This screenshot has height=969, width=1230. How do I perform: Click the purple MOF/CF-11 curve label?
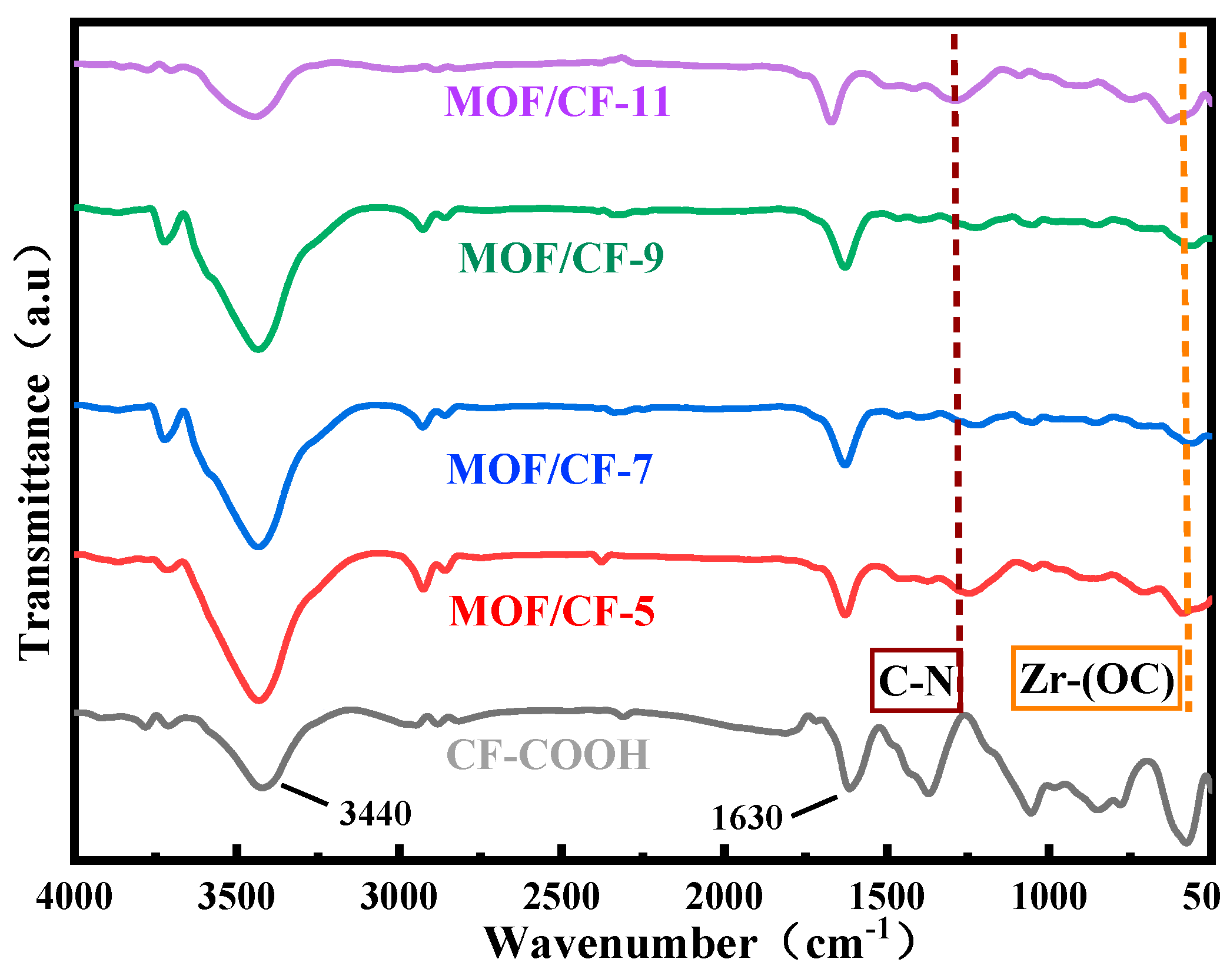pos(557,102)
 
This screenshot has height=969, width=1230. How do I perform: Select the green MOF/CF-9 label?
pos(561,258)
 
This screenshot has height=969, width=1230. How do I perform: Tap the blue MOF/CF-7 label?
pos(549,469)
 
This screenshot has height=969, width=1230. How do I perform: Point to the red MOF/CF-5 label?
pos(551,611)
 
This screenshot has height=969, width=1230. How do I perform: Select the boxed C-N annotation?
pos(916,681)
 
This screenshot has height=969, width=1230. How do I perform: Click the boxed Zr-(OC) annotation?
pos(1096,678)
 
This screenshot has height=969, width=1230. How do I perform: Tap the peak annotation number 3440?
pos(375,814)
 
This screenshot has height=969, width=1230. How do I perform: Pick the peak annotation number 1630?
pos(747,818)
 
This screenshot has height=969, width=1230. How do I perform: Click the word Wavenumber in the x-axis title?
pos(621,944)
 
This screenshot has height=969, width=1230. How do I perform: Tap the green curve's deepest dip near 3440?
pos(258,348)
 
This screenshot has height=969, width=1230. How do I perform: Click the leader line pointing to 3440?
pos(304,794)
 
